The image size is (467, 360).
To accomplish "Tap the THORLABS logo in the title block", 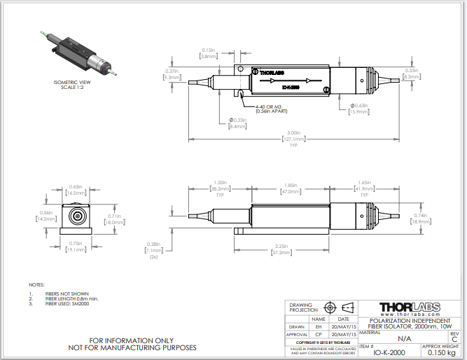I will [x=408, y=307].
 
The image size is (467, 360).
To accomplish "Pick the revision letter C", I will [x=454, y=338].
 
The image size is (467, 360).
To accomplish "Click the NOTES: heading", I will [x=36, y=285].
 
